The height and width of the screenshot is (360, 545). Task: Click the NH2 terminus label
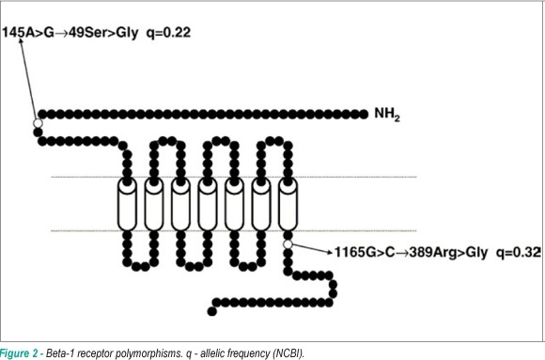click(x=387, y=114)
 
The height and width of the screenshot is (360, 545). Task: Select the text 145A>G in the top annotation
click(x=28, y=33)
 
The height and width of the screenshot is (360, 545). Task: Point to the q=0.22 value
click(x=168, y=33)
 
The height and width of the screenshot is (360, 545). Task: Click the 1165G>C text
click(x=365, y=252)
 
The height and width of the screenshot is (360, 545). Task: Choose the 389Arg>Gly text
click(x=448, y=253)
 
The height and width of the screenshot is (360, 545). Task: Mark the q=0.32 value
click(x=519, y=253)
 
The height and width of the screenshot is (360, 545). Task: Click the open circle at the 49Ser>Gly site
click(x=38, y=123)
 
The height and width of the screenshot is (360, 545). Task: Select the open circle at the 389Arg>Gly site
click(x=288, y=244)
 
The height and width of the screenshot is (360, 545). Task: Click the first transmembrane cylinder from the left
click(x=127, y=205)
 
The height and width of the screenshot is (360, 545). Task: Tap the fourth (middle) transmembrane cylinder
click(x=208, y=205)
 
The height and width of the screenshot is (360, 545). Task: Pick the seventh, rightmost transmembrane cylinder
click(x=288, y=205)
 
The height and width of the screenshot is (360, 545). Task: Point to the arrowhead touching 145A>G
click(x=21, y=41)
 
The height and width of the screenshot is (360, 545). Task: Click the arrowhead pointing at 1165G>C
click(x=330, y=252)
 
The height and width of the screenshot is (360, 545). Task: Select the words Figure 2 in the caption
click(x=19, y=353)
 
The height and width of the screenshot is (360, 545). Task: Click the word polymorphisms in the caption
click(x=153, y=353)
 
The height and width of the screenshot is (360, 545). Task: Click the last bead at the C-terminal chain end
click(x=212, y=311)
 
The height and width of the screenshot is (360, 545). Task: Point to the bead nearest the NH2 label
click(x=364, y=114)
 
